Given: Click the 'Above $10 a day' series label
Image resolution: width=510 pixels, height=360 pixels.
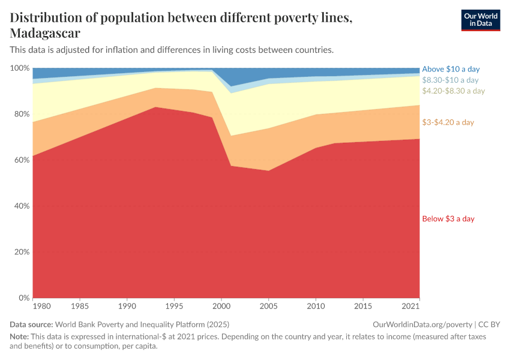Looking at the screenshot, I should click(x=451, y=69).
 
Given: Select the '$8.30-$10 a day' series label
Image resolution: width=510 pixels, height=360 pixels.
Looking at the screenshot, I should click(x=450, y=80).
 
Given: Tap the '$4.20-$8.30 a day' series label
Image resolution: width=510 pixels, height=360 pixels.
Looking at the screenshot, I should click(x=453, y=91).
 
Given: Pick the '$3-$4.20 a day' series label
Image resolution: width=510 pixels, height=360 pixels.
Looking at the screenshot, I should click(x=448, y=122).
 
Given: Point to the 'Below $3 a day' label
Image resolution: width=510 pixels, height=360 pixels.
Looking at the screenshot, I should click(x=448, y=218).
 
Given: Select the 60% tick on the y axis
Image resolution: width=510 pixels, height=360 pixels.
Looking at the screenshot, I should click(x=21, y=160).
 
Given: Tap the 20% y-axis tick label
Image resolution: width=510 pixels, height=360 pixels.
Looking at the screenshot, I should click(x=21, y=252).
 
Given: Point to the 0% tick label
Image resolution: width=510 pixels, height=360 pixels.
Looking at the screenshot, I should click(x=23, y=298).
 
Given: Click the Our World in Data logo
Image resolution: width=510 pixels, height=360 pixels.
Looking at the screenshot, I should click(x=480, y=20).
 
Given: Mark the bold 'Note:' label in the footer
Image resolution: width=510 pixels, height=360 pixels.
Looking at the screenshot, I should click(x=20, y=337).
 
